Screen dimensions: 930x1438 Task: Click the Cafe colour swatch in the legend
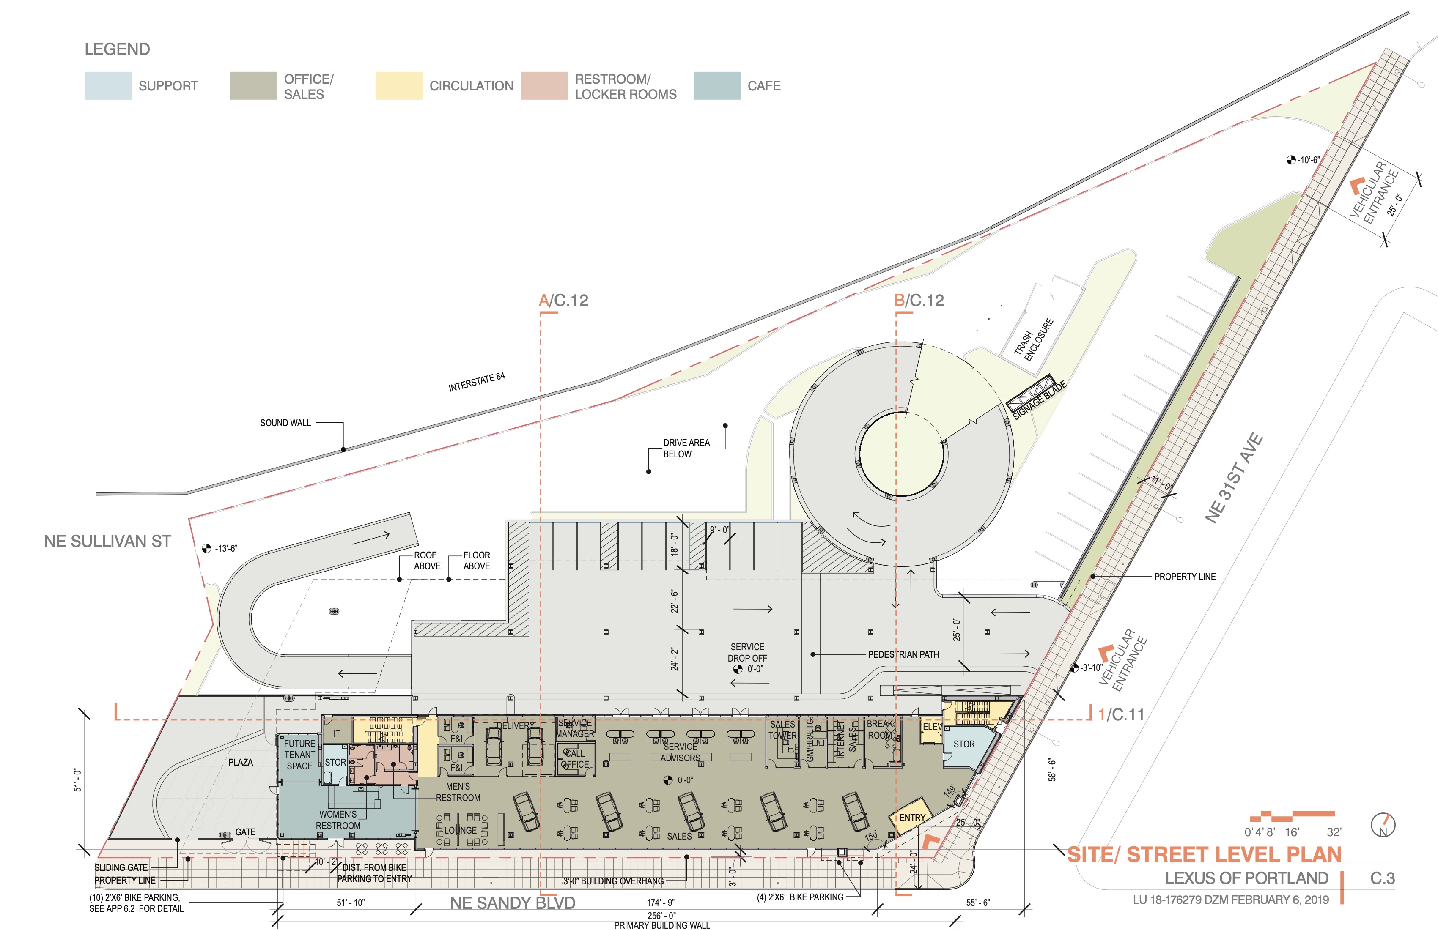pyautogui.click(x=716, y=86)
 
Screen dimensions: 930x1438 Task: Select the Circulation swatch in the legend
pyautogui.click(x=399, y=86)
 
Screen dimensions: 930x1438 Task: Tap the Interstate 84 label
pyautogui.click(x=476, y=382)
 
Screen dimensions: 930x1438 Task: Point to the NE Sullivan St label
pyautogui.click(x=107, y=541)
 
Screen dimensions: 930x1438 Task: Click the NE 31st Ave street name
pyautogui.click(x=1233, y=478)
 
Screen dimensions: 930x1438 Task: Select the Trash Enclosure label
pyautogui.click(x=1034, y=339)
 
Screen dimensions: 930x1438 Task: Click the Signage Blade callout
pyautogui.click(x=1039, y=399)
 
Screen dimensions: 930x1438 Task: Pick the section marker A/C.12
pyautogui.click(x=563, y=301)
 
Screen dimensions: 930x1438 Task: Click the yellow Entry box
pyautogui.click(x=912, y=818)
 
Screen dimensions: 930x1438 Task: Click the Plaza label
pyautogui.click(x=241, y=762)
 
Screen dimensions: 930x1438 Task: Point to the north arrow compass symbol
pyautogui.click(x=1383, y=825)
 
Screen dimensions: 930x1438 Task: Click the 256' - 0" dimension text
pyautogui.click(x=661, y=916)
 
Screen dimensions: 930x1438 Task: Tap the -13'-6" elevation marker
pyautogui.click(x=220, y=548)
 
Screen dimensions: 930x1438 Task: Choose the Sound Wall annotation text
pyautogui.click(x=285, y=423)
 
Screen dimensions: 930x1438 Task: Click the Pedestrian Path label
pyautogui.click(x=903, y=655)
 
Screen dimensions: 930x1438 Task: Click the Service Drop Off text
pyautogui.click(x=747, y=652)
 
